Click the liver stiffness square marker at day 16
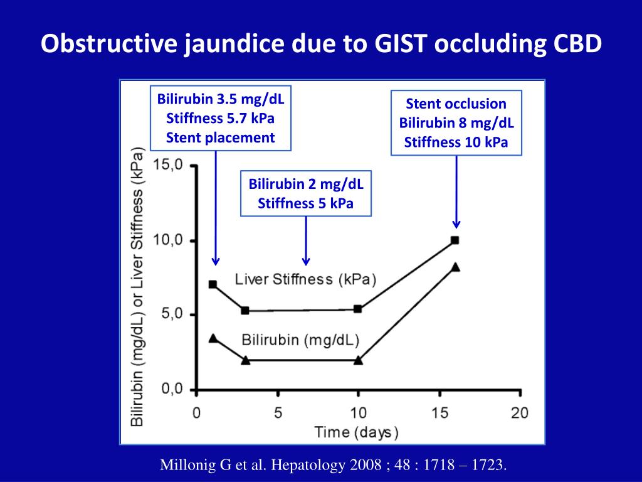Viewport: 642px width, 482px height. tap(455, 240)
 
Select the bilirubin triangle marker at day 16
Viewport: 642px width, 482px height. tap(455, 267)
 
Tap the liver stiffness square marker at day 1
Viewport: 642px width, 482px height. tap(213, 284)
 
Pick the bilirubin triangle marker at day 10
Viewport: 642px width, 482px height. tap(358, 360)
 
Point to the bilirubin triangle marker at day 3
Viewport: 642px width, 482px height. tap(245, 360)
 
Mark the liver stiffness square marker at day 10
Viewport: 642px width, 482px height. tap(358, 309)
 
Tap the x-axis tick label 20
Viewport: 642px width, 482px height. tap(520, 412)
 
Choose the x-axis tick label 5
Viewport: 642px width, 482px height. tap(278, 412)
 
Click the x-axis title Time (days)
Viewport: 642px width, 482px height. tap(356, 432)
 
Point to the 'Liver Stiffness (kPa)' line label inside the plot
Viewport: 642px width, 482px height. tap(306, 279)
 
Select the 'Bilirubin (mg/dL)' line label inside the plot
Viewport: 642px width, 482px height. tap(300, 340)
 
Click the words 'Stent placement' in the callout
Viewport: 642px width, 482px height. tap(221, 137)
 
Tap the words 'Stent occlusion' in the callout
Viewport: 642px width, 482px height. tap(456, 104)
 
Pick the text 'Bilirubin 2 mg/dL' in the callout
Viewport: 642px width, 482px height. tap(306, 185)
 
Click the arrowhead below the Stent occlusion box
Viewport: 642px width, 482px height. tap(456, 223)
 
